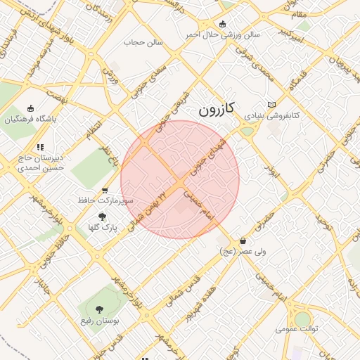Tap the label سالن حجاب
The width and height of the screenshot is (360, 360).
143,42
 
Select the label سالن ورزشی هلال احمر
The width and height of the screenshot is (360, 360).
223,34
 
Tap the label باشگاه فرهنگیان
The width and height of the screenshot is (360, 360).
30,119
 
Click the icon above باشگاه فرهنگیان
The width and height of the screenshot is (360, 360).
30,108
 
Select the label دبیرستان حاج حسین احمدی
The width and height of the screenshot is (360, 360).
41,163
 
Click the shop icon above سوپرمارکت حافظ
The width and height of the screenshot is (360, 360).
105,190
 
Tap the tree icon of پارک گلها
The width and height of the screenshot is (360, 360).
103,217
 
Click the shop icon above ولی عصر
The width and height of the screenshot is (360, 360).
243,240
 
